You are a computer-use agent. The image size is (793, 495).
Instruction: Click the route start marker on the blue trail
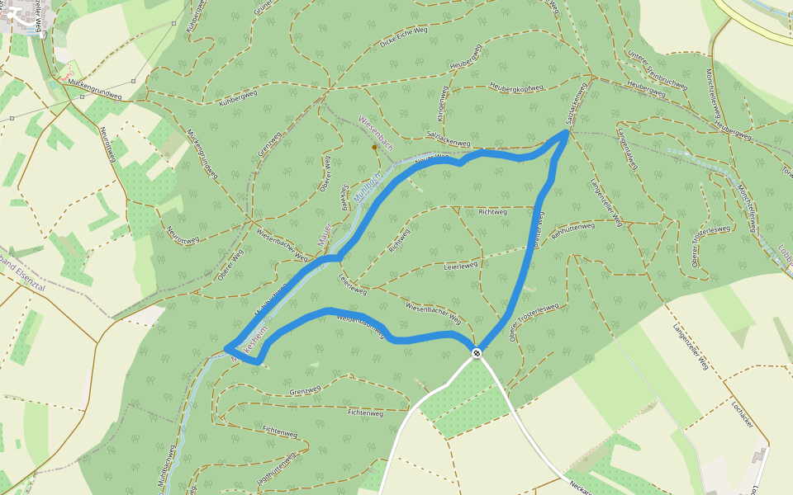tap(477, 353)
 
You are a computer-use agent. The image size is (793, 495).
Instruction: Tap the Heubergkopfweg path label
tap(516, 87)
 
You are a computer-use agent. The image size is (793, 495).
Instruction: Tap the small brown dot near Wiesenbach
tap(374, 148)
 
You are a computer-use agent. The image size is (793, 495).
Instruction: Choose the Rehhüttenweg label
tap(572, 228)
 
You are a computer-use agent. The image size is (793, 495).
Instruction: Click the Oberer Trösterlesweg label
tap(534, 322)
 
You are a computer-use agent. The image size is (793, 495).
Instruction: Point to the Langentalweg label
tap(629, 149)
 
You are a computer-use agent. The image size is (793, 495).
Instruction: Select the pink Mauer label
tap(325, 234)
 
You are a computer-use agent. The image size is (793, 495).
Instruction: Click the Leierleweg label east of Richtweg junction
tap(461, 266)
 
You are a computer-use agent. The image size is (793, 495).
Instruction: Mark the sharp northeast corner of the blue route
tap(567, 131)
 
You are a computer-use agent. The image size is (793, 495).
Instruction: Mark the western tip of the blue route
tap(226, 348)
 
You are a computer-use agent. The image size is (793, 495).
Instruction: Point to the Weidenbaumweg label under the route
tap(362, 323)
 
